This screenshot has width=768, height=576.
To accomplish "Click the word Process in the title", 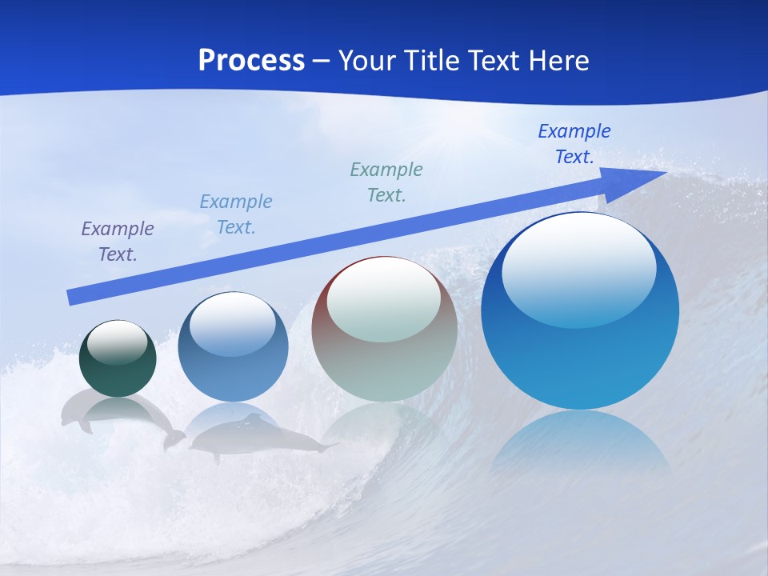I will coord(251,60).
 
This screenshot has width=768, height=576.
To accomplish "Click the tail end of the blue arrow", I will coord(72,297).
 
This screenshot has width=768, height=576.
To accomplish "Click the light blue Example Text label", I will coord(236,214).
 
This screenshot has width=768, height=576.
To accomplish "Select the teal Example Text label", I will coord(386,182).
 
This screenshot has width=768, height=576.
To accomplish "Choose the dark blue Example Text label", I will coord(574,144).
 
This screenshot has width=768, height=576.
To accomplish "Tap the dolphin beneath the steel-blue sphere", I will coord(256,437).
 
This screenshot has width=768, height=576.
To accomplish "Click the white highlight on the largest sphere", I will coord(578,268).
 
